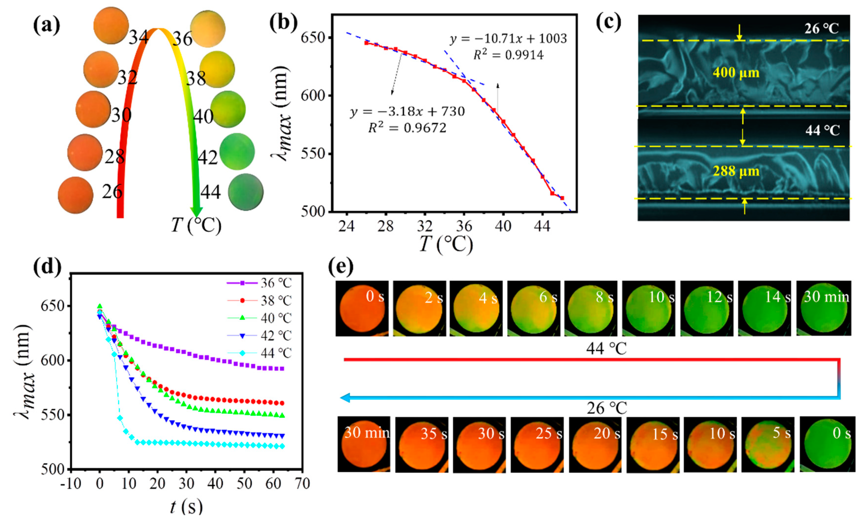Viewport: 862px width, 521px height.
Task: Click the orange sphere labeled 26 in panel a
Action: (75, 195)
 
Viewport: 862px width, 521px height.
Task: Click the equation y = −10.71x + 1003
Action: (508, 39)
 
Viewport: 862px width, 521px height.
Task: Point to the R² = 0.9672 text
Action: (407, 128)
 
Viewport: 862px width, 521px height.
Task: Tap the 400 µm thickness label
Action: (736, 73)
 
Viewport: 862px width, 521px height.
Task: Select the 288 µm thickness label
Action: (736, 172)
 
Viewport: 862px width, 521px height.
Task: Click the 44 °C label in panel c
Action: (822, 130)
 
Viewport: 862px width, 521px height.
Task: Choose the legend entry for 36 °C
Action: (259, 283)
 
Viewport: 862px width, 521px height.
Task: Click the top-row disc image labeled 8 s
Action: (591, 308)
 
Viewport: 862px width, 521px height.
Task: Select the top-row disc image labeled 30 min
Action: (823, 308)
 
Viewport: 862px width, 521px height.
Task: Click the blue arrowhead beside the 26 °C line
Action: (346, 398)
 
